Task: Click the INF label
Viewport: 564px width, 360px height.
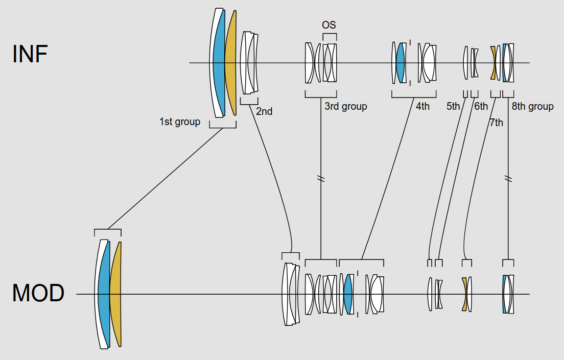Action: pos(30,54)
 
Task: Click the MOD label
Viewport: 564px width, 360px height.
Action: pos(38,293)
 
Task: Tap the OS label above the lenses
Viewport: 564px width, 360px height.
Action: pos(329,25)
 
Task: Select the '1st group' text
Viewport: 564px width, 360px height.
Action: pos(180,122)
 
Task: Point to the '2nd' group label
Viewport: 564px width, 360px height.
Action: pos(264,111)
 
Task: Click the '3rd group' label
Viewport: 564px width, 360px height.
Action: pos(346,107)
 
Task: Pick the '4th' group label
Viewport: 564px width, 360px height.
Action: pos(422,107)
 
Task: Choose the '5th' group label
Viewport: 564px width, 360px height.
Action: pos(453,107)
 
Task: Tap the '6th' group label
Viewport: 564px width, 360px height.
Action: pos(481,107)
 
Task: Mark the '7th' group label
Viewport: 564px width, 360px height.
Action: pos(496,123)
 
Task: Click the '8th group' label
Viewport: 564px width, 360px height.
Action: pos(533,107)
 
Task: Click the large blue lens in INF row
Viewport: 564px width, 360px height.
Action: pos(219,62)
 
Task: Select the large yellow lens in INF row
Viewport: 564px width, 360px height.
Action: pos(231,62)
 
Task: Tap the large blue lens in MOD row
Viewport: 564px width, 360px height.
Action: pos(104,294)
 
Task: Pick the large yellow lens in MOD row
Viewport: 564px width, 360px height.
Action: pos(115,294)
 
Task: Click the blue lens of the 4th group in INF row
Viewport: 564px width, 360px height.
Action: pos(400,62)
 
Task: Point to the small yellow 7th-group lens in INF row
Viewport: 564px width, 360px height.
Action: pos(494,62)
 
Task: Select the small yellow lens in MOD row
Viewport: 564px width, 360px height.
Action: pos(464,294)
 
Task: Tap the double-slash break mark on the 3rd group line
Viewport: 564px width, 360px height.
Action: pos(321,179)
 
